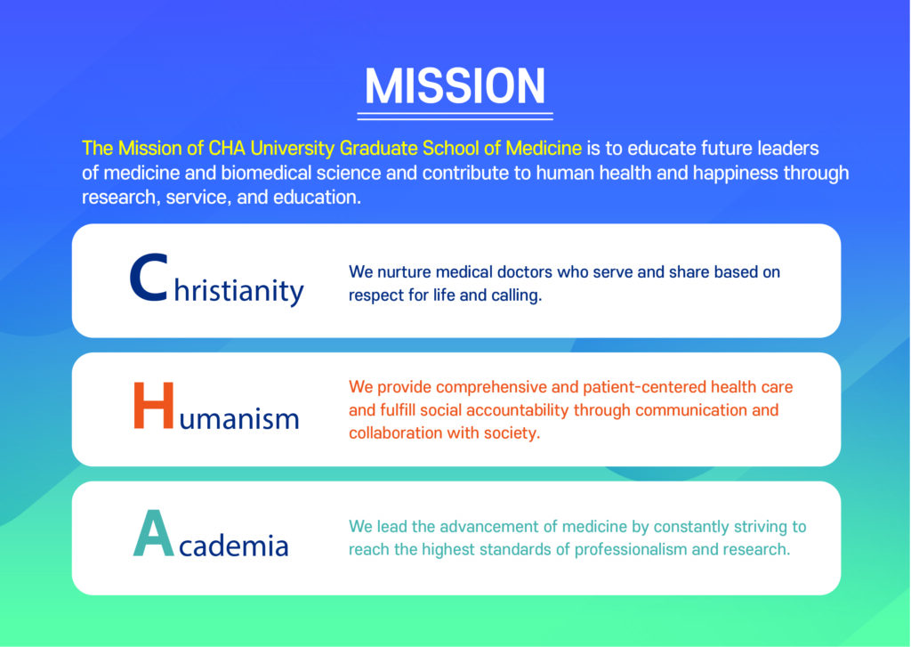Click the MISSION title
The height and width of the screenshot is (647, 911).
click(x=455, y=86)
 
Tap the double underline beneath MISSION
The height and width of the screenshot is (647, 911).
click(x=455, y=117)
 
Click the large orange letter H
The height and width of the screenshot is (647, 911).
click(x=153, y=405)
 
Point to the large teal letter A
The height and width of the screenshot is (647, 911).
click(x=153, y=533)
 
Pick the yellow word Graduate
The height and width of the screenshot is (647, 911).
click(x=378, y=149)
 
